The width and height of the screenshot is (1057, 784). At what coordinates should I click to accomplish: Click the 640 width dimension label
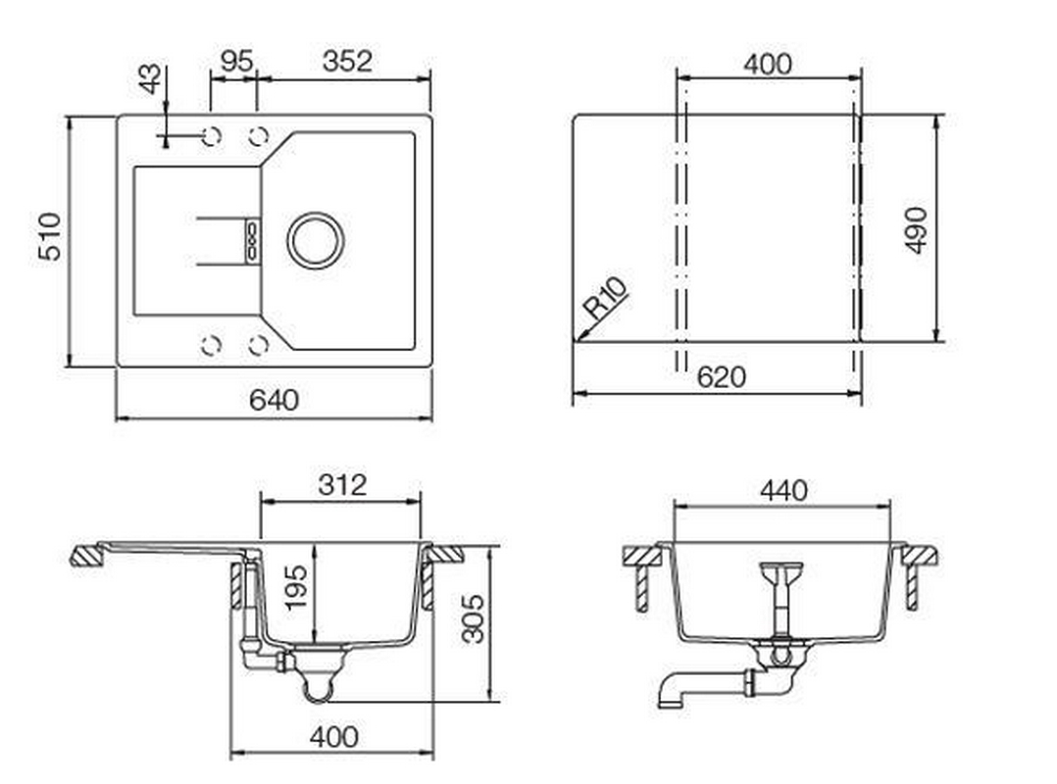pos(274,400)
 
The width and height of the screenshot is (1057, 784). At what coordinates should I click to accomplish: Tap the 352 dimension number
pos(347,61)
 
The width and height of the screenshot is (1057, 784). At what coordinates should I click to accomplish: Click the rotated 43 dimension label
pos(150,79)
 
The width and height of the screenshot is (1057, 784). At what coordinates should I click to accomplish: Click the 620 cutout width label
pos(723,377)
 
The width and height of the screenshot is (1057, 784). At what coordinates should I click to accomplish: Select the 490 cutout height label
pos(916,229)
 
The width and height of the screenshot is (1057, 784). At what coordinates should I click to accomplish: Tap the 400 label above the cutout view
pos(767,65)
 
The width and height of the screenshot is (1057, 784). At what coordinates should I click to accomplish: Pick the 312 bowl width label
pos(342,484)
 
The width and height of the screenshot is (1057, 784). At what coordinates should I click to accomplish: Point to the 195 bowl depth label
pos(295,586)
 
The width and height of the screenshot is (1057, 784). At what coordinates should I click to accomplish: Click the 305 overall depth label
pos(473,618)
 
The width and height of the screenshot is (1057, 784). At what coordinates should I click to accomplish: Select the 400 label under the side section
pos(332,736)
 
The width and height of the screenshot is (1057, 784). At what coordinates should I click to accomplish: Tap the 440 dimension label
pos(782,490)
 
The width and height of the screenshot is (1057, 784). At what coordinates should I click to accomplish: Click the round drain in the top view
pos(316,239)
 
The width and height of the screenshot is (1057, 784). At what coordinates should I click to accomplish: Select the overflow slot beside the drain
pos(252,239)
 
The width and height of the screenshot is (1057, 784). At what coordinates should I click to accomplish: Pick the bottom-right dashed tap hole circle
pos(259,345)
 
